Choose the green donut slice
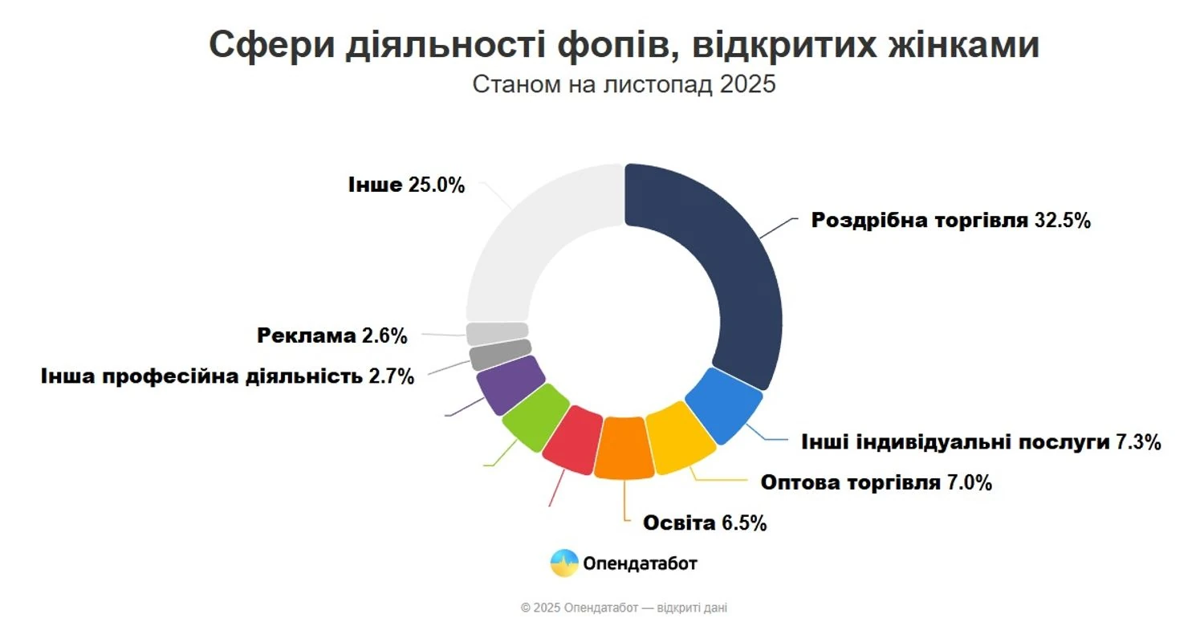pos(534,415)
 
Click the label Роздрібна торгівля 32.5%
pos(950,221)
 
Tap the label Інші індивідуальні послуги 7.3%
pos(981,441)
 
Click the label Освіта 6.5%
pos(705,523)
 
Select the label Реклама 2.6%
pos(332,335)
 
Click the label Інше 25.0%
pos(406,185)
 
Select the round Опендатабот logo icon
pos(564,563)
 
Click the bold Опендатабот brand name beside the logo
pos(641,563)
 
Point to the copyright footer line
pos(624,608)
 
